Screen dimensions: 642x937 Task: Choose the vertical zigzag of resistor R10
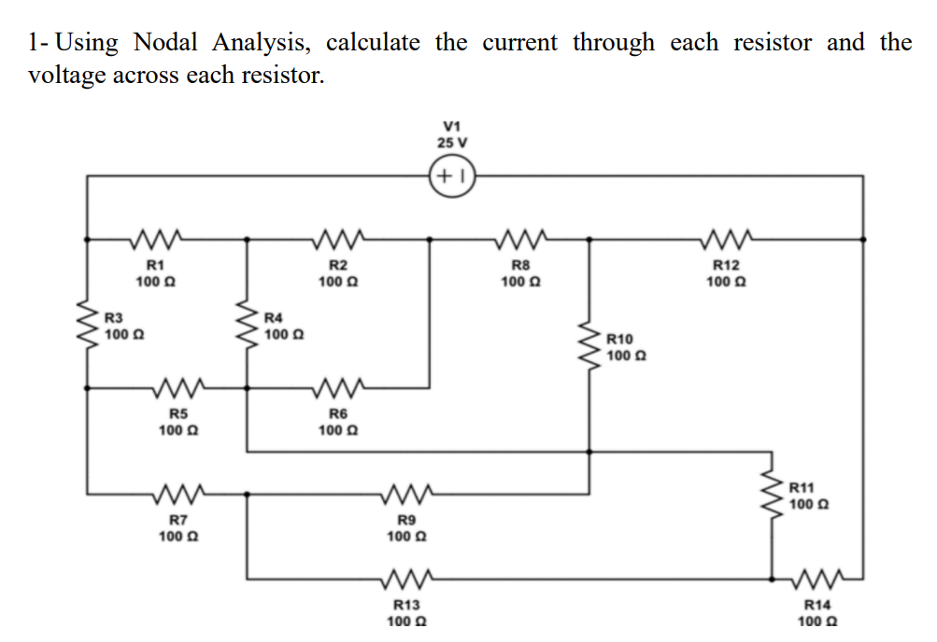(x=589, y=347)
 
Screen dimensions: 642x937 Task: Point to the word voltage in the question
(x=66, y=76)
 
